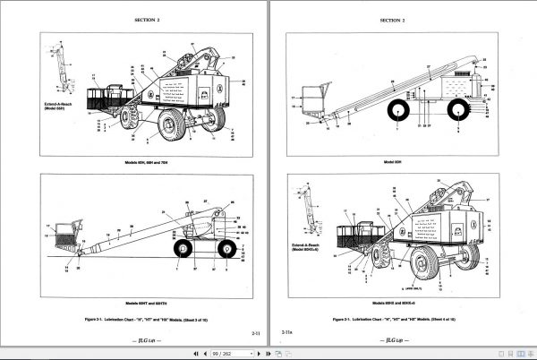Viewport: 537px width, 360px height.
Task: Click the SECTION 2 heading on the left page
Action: click(147, 19)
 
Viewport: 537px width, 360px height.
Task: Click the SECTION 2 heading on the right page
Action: click(392, 19)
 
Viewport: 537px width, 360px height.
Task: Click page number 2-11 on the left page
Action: click(255, 332)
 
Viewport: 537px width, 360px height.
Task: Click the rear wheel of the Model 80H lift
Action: click(459, 111)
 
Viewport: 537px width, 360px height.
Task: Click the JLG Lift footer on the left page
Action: click(147, 343)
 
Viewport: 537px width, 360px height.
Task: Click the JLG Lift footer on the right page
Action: click(392, 343)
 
